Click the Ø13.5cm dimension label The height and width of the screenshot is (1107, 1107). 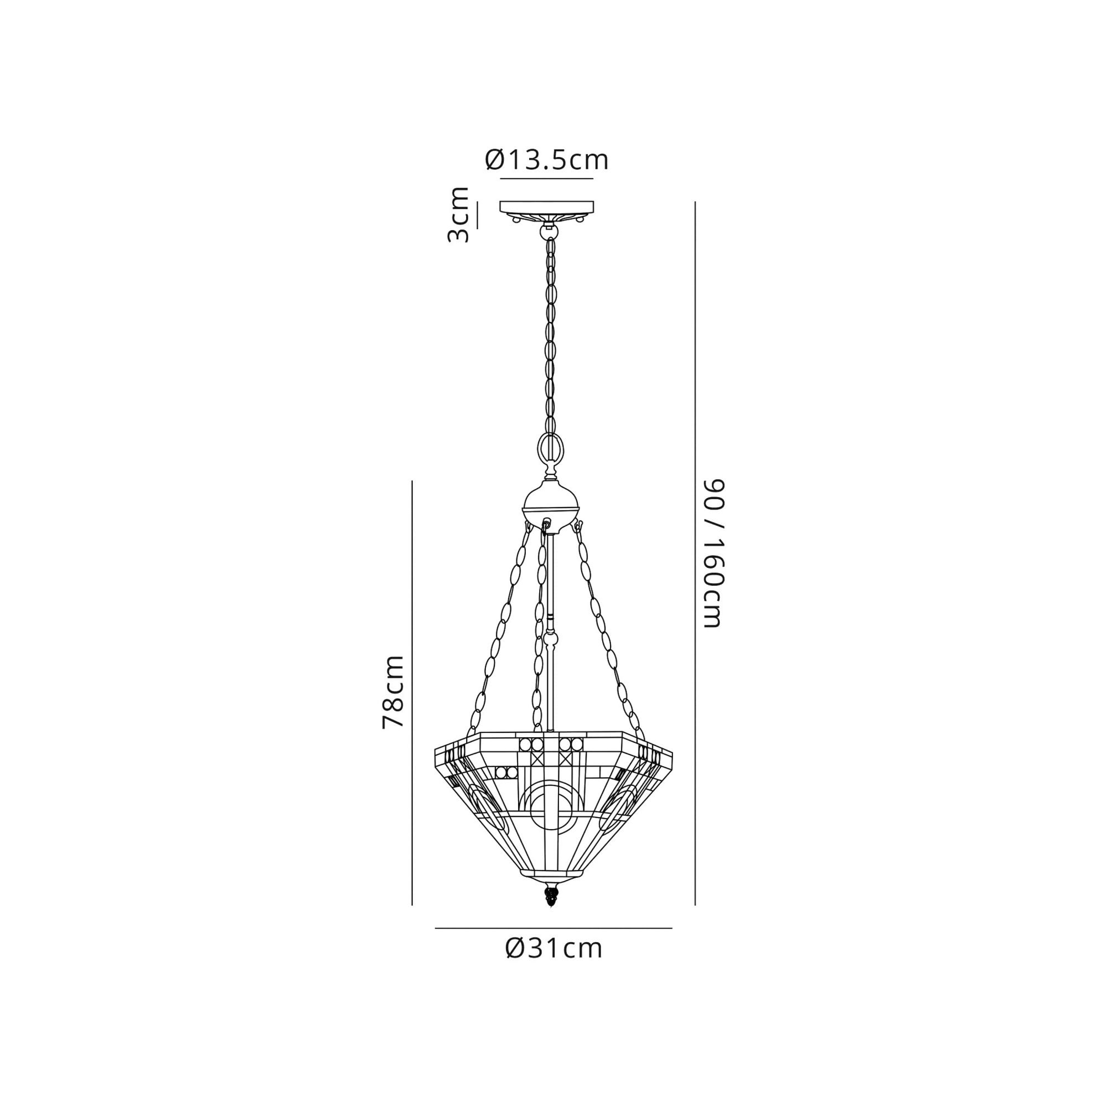[547, 160]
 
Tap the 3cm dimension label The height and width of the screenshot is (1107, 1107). [458, 214]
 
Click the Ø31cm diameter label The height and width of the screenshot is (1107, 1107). [553, 948]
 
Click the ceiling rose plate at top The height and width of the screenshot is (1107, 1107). [547, 206]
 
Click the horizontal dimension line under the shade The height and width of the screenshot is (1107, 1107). [553, 928]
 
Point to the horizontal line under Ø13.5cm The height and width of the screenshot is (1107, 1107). [547, 179]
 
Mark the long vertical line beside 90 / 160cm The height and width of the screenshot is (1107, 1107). [695, 553]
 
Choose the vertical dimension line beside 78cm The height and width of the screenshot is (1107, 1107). [412, 693]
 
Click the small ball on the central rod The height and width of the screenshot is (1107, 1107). [551, 637]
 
